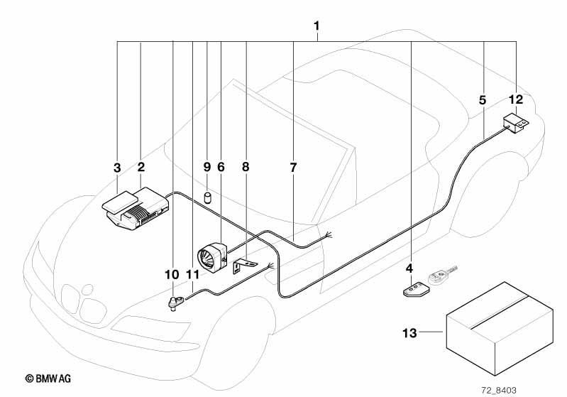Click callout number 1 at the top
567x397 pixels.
[x=316, y=26]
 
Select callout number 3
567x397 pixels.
[x=117, y=168]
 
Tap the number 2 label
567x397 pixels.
[x=141, y=167]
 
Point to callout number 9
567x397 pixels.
[x=207, y=167]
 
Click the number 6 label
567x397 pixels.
[x=221, y=167]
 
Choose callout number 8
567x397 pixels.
[x=246, y=167]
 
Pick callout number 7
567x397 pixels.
[x=293, y=168]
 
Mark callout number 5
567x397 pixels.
[x=483, y=100]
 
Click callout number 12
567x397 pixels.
[x=516, y=99]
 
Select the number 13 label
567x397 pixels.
[x=409, y=332]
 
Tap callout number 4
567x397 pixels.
[x=409, y=268]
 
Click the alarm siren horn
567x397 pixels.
[x=212, y=256]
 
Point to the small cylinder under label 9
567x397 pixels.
[x=207, y=198]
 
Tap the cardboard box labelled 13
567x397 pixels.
[x=500, y=329]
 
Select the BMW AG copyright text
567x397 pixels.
[x=48, y=379]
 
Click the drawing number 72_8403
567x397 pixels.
[x=499, y=390]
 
